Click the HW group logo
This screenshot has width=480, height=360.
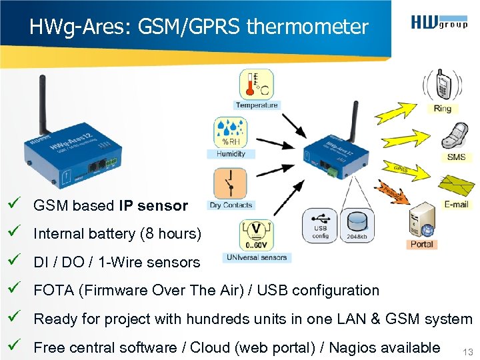pyautogui.click(x=439, y=24)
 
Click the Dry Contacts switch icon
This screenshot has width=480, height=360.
pyautogui.click(x=230, y=183)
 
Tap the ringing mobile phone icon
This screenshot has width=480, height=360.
pyautogui.click(x=441, y=86)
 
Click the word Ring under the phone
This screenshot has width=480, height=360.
pyautogui.click(x=442, y=109)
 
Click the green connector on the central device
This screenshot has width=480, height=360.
pyautogui.click(x=331, y=171)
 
